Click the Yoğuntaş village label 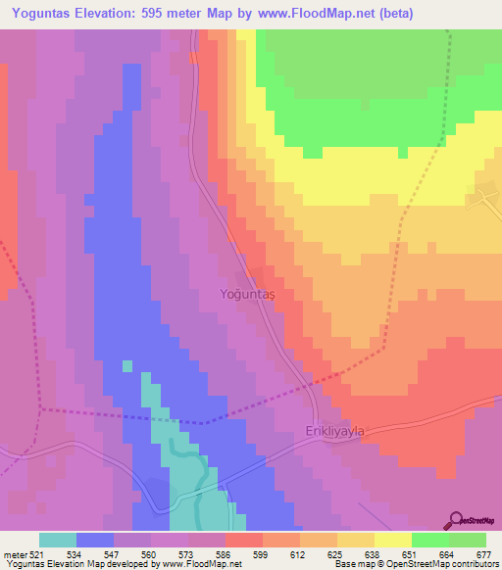click(246, 294)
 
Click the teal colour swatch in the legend click(58, 540)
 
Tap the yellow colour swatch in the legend click(392, 540)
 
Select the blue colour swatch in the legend click(95, 540)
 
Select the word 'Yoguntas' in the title click(47, 14)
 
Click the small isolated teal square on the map click(126, 366)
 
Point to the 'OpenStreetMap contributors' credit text click(447, 563)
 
